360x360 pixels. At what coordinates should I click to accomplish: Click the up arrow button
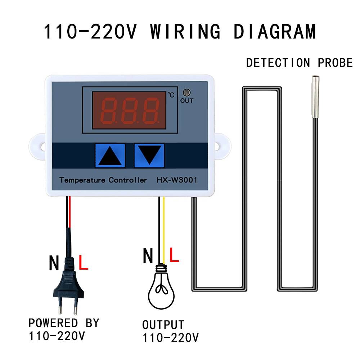click(110, 156)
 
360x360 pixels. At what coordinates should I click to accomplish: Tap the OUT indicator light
click(186, 92)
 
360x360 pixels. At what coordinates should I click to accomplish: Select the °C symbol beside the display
click(171, 95)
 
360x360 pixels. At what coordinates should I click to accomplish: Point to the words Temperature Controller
click(103, 180)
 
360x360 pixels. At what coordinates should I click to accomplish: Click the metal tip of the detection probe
click(315, 97)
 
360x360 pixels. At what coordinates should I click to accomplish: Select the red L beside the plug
click(83, 264)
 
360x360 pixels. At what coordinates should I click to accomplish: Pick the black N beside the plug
click(54, 264)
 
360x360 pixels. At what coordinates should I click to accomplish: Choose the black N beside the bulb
click(148, 256)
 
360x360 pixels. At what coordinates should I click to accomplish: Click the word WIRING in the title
click(185, 32)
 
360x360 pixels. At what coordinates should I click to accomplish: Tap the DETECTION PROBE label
click(299, 63)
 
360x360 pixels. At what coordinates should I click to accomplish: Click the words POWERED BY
click(64, 323)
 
